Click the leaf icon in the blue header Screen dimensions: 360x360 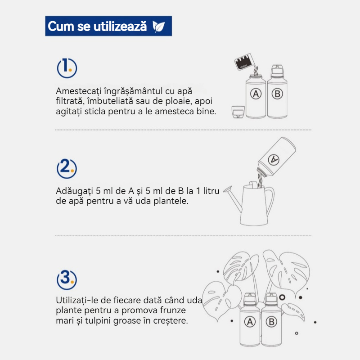pyautogui.click(x=159, y=26)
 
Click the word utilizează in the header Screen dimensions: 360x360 pyautogui.click(x=120, y=26)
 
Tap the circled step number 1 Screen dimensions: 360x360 pyautogui.click(x=67, y=68)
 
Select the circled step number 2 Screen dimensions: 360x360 pyautogui.click(x=67, y=168)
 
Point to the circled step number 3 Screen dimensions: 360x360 pyautogui.click(x=67, y=279)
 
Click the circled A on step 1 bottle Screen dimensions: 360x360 pyautogui.click(x=256, y=94)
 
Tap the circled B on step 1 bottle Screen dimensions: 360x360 pyautogui.click(x=277, y=94)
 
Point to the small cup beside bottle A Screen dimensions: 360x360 pyautogui.click(x=238, y=112)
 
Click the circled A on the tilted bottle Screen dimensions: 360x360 pyautogui.click(x=274, y=159)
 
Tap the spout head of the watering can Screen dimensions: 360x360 pyautogui.click(x=228, y=189)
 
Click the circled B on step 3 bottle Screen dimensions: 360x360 pyautogui.click(x=271, y=322)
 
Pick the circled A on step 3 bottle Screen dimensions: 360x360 pyautogui.click(x=250, y=322)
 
